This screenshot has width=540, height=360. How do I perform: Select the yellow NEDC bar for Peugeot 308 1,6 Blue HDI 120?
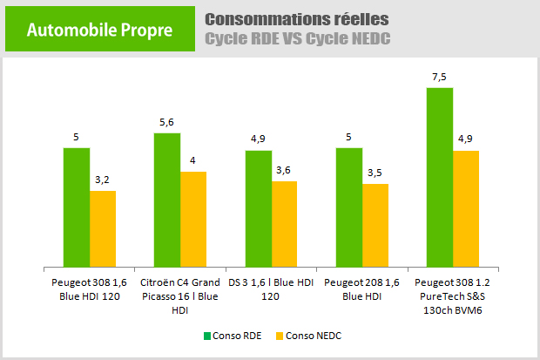click(103, 228)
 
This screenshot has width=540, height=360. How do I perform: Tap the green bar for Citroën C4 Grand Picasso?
click(167, 200)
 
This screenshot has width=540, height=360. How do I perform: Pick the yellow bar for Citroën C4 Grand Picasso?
click(193, 219)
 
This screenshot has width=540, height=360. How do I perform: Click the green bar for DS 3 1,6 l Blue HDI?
click(259, 208)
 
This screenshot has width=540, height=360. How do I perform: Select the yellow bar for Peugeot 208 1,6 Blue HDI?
click(375, 225)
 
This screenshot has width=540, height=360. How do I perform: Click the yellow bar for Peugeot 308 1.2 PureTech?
click(466, 208)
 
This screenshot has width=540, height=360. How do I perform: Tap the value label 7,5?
click(440, 77)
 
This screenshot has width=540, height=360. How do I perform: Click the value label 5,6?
click(167, 123)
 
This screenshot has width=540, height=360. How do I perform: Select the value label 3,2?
click(103, 180)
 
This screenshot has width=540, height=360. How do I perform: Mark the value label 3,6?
click(285, 171)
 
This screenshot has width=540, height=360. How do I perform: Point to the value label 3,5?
click(375, 173)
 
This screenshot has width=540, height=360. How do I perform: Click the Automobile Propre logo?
click(99, 31)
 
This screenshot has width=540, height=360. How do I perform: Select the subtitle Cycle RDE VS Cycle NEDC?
click(297, 39)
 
